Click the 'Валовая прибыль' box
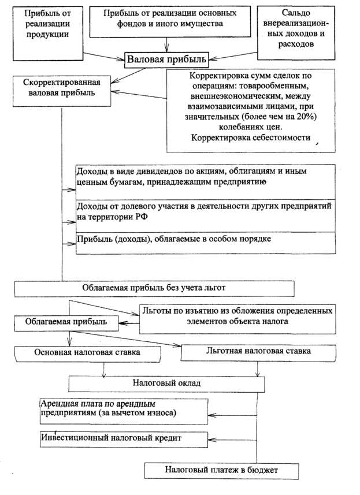click(167, 59)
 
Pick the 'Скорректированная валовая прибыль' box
click(60, 87)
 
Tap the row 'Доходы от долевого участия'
click(205, 211)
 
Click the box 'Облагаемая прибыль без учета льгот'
click(155, 287)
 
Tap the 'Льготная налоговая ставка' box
click(257, 351)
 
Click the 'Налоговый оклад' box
click(166, 384)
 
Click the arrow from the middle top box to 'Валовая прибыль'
click(167, 43)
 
